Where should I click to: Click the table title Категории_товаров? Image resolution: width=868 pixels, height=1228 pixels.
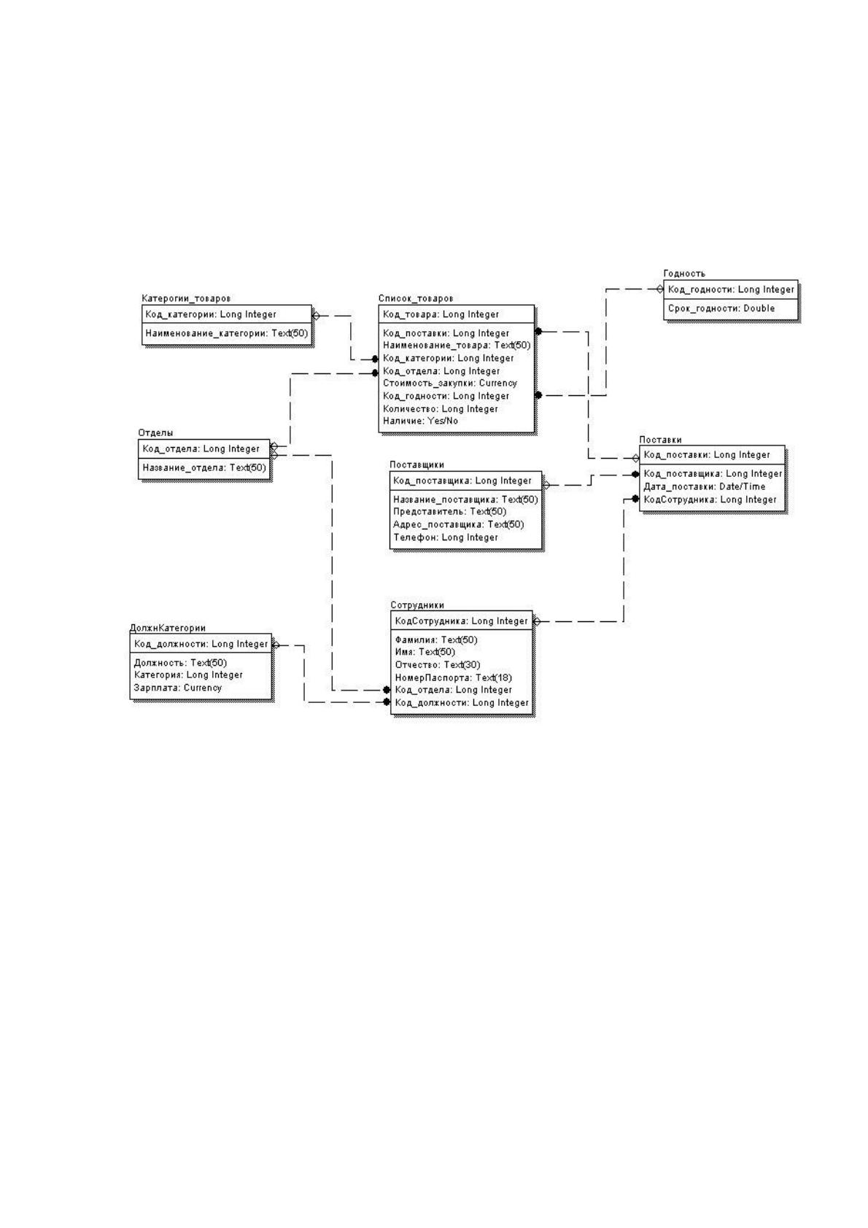coord(186,298)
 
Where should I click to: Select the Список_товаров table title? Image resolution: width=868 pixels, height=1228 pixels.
coord(416,298)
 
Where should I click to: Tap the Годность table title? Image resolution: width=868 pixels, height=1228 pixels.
coord(683,273)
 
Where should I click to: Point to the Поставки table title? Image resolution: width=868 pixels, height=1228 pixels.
coord(660,440)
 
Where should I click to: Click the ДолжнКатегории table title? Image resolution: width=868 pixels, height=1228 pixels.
coord(168,628)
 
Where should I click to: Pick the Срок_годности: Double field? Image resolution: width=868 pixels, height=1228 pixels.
coord(721,308)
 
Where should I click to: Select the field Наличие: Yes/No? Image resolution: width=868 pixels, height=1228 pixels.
coord(420,421)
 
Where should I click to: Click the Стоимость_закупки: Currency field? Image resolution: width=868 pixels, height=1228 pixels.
coord(449,383)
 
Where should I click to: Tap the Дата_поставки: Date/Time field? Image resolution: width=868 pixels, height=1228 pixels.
coord(704,486)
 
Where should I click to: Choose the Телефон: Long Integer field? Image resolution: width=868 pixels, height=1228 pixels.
coord(445,537)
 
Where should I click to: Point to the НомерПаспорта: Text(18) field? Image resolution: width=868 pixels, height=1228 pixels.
coord(453,677)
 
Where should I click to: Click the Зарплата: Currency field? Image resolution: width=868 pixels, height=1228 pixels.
coord(178,688)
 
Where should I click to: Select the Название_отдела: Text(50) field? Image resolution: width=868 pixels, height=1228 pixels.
coord(204,467)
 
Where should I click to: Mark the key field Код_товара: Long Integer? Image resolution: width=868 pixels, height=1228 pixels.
coord(441,314)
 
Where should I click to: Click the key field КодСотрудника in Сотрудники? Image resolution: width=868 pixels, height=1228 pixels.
coord(461,621)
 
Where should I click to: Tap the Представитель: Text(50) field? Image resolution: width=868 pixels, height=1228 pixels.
coord(449,511)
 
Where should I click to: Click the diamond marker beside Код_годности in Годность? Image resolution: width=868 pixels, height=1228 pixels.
coord(659,289)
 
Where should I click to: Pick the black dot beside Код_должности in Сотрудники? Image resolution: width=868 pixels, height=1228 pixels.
coord(387,702)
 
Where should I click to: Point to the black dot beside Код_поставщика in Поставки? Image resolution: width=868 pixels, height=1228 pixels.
coord(635,474)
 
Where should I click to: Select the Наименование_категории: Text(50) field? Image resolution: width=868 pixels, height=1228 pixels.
coord(226,333)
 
